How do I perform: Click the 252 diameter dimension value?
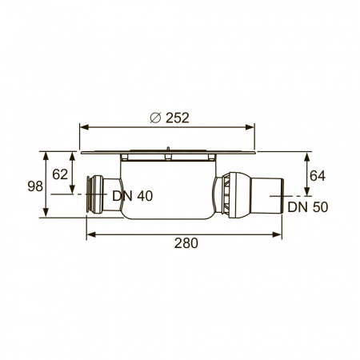(x=178, y=118)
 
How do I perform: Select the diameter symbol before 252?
(x=155, y=118)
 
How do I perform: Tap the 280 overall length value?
(x=186, y=243)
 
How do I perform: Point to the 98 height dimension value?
(x=35, y=186)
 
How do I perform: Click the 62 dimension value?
(x=60, y=174)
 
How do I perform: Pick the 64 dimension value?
(x=318, y=176)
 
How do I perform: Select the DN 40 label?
(x=133, y=196)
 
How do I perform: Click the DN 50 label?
(x=308, y=207)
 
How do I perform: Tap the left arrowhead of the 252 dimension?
(x=84, y=127)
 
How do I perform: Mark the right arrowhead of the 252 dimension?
(x=250, y=127)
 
